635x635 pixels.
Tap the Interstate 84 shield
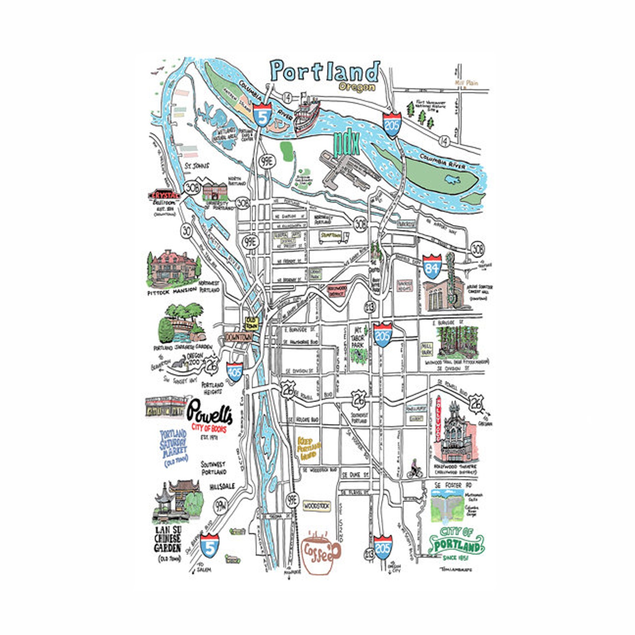(x=432, y=266)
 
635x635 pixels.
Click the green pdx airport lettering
(x=346, y=144)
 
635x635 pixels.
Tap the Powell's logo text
(x=210, y=413)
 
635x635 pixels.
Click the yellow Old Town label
(x=252, y=323)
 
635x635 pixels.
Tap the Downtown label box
(x=239, y=337)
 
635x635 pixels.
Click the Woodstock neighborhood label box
(x=316, y=506)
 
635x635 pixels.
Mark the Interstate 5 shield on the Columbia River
(x=262, y=114)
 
